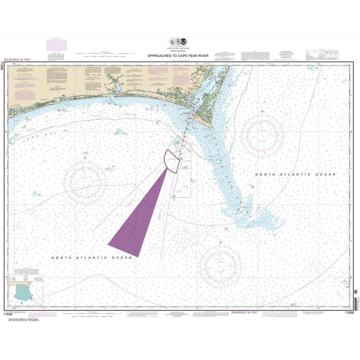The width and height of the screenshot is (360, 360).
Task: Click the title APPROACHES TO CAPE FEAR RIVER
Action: (x=180, y=56)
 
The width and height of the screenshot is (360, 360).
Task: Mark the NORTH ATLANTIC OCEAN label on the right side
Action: (x=295, y=175)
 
